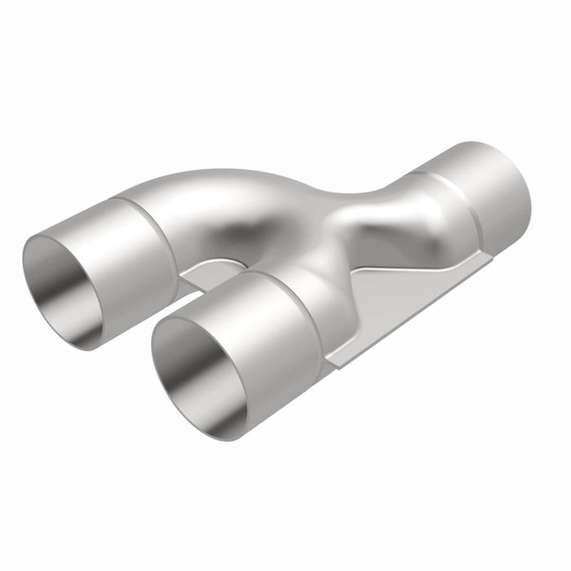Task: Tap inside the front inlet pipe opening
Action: (196, 367)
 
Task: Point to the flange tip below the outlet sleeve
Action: (489, 257)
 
